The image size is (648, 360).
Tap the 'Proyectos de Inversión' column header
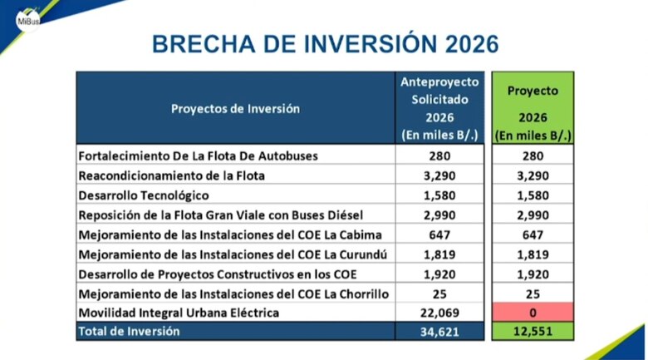(235, 108)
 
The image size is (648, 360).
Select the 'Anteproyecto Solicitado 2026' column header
(439, 108)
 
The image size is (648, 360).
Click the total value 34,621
(439, 332)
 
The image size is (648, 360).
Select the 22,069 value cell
(439, 313)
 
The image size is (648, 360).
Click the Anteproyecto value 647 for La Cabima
(439, 234)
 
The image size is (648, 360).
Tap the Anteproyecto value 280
(439, 155)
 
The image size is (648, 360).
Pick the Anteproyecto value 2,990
(439, 215)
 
